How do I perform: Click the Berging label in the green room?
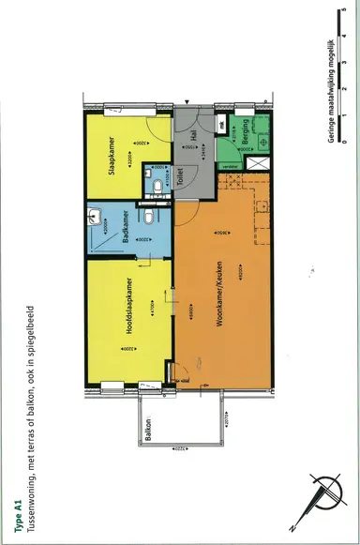pyautogui.click(x=245, y=129)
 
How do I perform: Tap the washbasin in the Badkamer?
pyautogui.click(x=92, y=218)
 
